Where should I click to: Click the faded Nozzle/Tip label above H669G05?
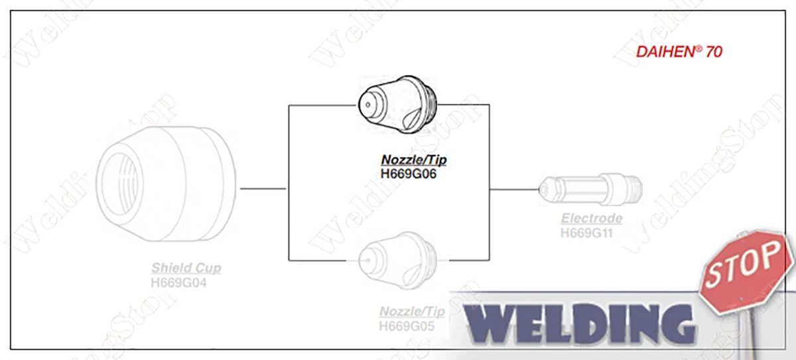coord(411,312)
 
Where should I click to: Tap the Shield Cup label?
coord(186,269)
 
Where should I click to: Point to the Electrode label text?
coord(592,218)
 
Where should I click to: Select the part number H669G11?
coord(592,233)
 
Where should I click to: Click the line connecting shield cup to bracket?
coord(263,189)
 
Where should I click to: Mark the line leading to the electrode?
coord(515,190)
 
